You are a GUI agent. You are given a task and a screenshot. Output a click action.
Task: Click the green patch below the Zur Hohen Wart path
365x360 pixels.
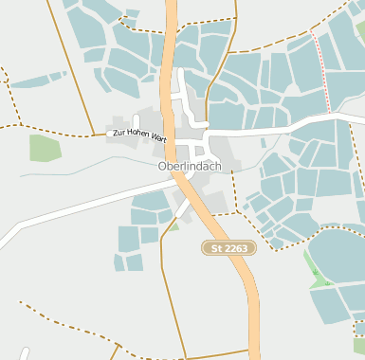[45, 148]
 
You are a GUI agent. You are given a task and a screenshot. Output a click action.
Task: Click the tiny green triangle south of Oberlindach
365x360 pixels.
[174, 225]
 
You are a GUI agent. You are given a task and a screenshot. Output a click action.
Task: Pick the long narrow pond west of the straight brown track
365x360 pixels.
[38, 79]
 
